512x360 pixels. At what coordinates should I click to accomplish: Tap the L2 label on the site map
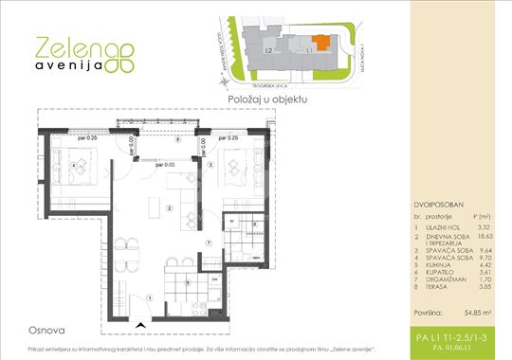coord(269,48)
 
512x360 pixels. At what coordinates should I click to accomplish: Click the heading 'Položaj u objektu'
coord(266,98)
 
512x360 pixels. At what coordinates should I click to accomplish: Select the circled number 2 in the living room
coord(169,208)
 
